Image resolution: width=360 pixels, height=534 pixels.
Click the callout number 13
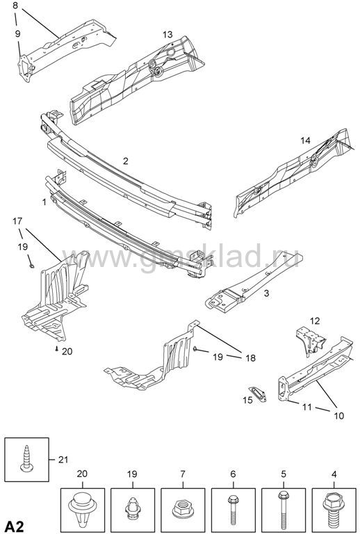167,34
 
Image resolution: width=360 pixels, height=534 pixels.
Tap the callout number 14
305,140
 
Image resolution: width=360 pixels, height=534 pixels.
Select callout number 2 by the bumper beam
126,161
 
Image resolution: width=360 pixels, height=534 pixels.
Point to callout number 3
266,293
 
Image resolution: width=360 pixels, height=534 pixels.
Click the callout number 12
315,321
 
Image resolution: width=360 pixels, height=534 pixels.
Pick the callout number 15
247,400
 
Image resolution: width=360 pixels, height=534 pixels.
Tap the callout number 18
250,358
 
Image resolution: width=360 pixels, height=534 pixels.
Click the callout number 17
17,221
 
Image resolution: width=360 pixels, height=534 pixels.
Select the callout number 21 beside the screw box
63,460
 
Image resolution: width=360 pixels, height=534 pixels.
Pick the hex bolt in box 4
334,509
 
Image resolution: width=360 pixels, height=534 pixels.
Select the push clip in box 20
82,509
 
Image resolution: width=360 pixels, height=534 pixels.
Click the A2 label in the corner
15,526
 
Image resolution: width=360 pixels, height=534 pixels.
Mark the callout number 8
15,6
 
